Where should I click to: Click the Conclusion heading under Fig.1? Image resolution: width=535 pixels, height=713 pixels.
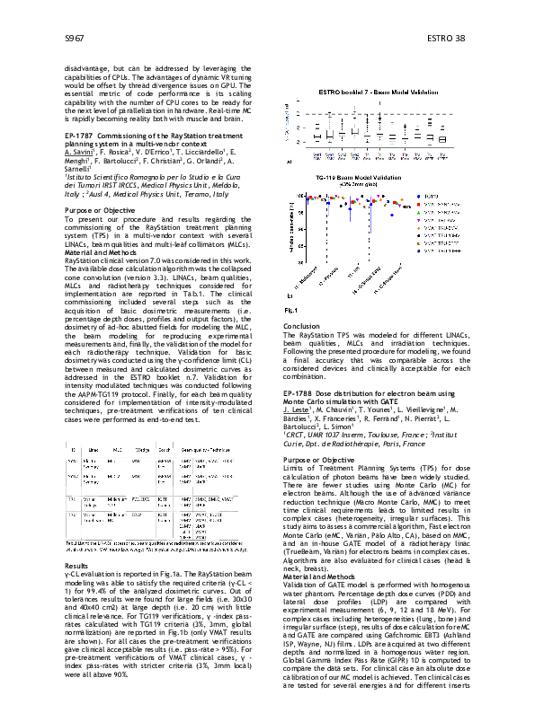(x=301, y=326)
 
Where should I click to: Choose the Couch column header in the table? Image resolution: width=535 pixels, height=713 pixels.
(x=164, y=422)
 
